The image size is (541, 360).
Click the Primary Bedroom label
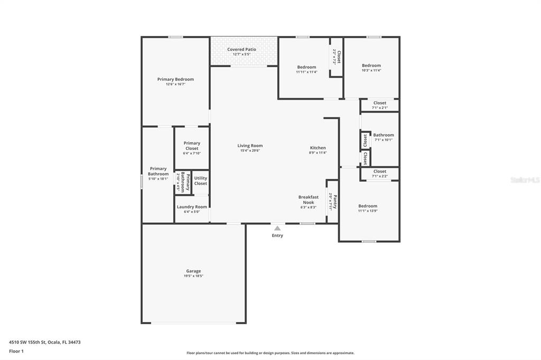175,79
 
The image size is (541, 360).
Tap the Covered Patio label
242,49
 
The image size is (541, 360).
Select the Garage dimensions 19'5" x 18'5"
193,276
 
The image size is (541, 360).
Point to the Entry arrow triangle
277,228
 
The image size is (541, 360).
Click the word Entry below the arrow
277,235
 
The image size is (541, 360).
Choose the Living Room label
250,146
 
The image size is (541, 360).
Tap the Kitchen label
318,148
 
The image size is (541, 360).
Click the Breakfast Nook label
308,200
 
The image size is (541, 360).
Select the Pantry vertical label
333,202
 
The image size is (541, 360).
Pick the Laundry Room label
192,207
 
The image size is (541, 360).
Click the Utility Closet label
201,181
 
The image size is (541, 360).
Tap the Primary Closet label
192,146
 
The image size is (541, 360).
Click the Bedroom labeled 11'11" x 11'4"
306,67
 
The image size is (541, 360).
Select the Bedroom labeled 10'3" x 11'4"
371,65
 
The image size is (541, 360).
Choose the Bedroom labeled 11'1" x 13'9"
368,206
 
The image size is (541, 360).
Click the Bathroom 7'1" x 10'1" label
384,135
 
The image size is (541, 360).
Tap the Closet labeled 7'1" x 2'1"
379,103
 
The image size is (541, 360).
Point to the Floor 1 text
16,350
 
